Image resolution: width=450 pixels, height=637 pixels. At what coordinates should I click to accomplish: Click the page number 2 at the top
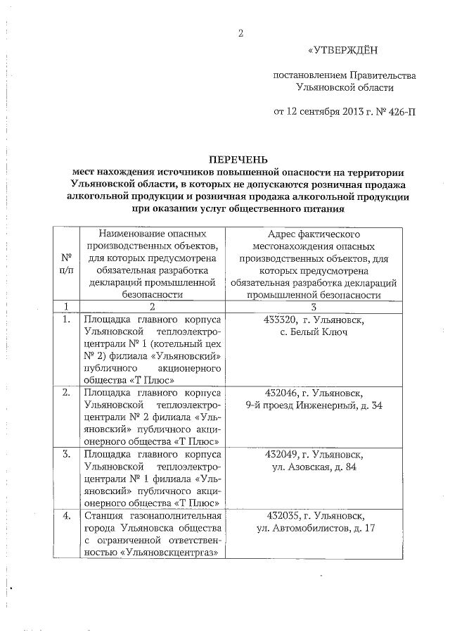[240, 33]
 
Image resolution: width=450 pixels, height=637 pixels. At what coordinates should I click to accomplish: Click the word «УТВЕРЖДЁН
[343, 50]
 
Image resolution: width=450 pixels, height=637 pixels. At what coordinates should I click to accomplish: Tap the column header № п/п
[66, 263]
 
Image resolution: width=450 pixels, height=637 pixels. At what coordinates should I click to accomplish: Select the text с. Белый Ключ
[314, 331]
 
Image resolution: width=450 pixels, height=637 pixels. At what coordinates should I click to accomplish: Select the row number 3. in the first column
[66, 455]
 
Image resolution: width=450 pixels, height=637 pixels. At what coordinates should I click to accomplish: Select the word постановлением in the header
[308, 75]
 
